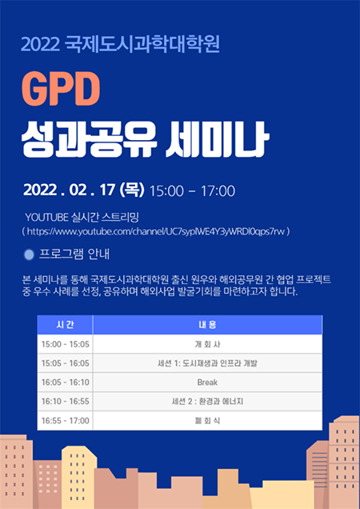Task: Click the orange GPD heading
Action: (61, 90)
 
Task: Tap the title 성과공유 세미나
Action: (145, 140)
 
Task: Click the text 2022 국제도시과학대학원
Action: (121, 44)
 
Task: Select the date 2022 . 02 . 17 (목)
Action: (84, 190)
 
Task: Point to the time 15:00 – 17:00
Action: (192, 190)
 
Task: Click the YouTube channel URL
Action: (156, 232)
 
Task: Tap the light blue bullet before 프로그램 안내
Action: (30, 254)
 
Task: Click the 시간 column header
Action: (65, 325)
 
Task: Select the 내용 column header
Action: (207, 325)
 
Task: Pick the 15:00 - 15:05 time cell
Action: (65, 344)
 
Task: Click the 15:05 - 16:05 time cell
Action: (65, 363)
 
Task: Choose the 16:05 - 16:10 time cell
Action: (65, 383)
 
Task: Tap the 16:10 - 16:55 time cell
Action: (65, 402)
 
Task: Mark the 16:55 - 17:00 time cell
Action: (65, 421)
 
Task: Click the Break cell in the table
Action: (207, 383)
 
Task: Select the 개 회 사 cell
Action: (207, 344)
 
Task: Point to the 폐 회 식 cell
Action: (207, 421)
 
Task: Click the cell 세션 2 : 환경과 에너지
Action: (207, 402)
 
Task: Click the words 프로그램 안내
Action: (74, 254)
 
